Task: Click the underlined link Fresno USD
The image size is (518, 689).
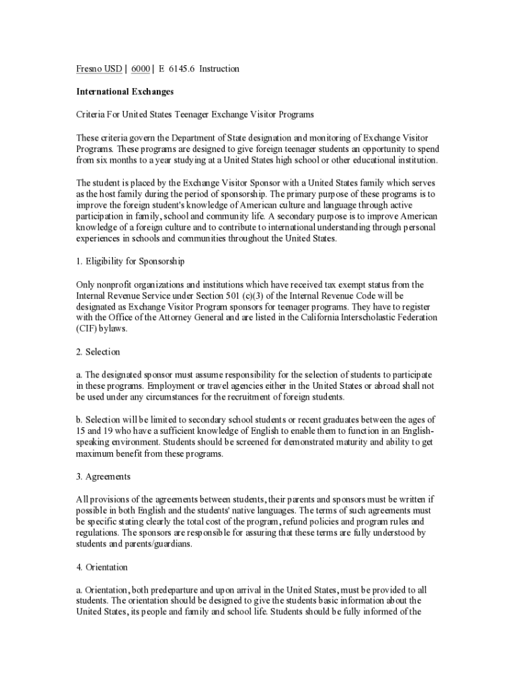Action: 99,69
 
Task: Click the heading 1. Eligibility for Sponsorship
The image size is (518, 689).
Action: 131,260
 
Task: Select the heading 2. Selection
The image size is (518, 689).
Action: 98,352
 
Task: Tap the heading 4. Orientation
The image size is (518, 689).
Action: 102,567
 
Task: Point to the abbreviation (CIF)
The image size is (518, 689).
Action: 87,329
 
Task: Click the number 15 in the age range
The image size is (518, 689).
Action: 81,431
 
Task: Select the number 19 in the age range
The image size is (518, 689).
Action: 112,431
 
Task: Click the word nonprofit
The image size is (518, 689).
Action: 117,284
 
